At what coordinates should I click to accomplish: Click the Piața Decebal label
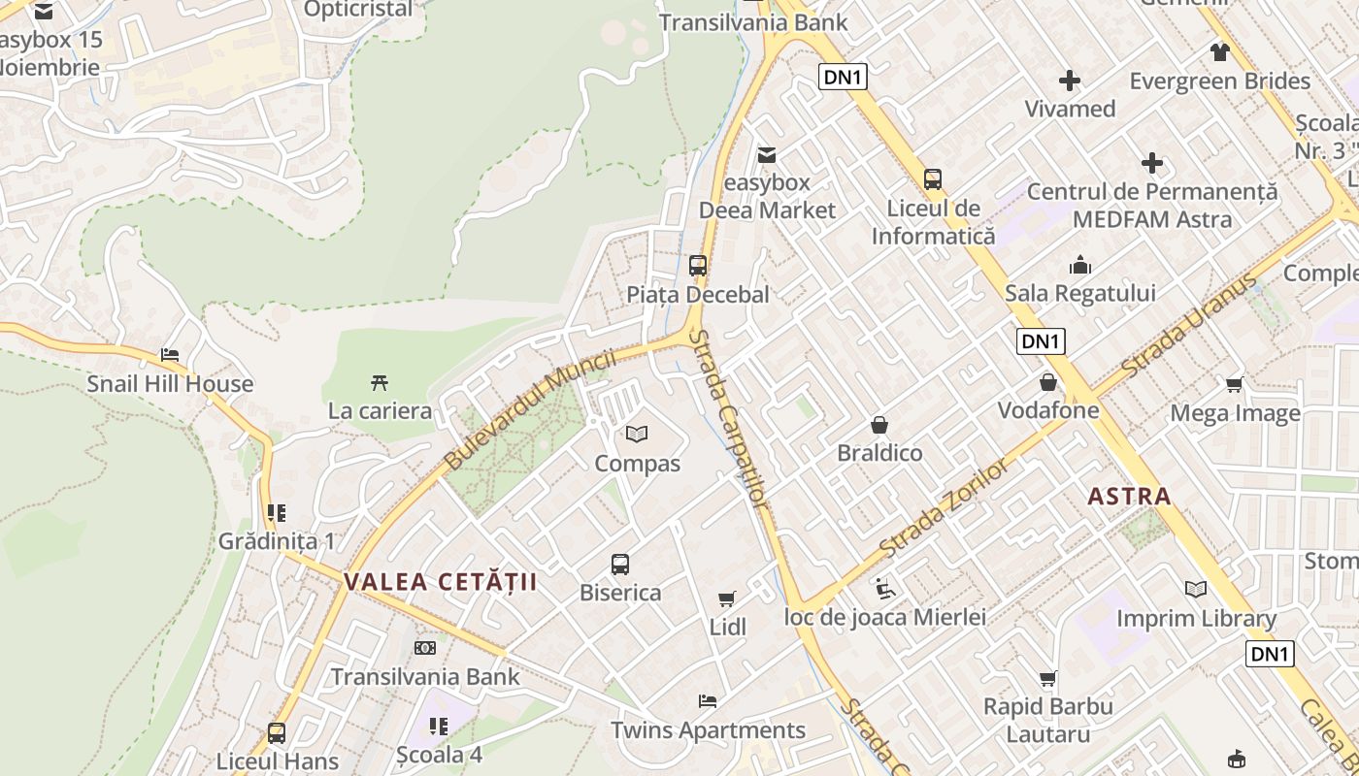[x=697, y=294]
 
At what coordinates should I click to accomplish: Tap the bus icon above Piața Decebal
[x=697, y=265]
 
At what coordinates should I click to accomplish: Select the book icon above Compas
[x=637, y=434]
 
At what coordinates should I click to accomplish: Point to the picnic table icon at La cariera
[x=380, y=382]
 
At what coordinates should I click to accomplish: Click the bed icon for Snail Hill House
[x=170, y=355]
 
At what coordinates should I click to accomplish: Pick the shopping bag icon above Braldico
[x=879, y=425]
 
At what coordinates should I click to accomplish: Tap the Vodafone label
[x=1048, y=410]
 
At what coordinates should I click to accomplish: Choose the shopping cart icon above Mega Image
[x=1235, y=384]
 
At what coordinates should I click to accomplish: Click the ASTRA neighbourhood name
[x=1129, y=497]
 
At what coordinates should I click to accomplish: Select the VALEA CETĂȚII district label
[x=440, y=582]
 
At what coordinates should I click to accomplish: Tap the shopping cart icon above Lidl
[x=727, y=598]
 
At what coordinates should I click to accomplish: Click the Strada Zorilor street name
[x=944, y=507]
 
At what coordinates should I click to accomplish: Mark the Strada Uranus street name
[x=1190, y=328]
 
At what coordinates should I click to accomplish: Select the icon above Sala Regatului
[x=1080, y=265]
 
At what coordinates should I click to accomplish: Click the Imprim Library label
[x=1196, y=619]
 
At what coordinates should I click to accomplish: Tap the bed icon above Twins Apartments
[x=708, y=701]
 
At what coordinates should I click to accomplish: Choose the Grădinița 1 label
[x=277, y=541]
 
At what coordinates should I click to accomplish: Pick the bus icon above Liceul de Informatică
[x=933, y=179]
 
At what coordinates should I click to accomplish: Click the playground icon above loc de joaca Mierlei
[x=884, y=588]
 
